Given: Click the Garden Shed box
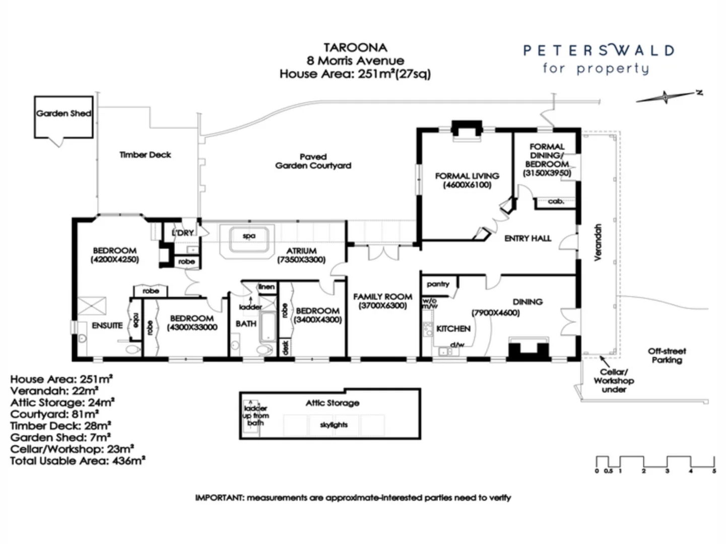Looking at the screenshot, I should tap(63, 117).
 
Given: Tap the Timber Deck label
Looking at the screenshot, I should tap(145, 155).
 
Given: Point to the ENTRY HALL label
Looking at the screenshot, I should tap(527, 238).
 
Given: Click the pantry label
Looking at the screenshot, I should tap(438, 284).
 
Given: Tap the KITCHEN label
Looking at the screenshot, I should tap(453, 328).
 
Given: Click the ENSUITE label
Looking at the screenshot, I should tap(107, 325).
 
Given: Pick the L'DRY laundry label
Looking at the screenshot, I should tap(182, 232).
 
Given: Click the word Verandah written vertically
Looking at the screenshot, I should tap(598, 242).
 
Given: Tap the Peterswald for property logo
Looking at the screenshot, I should tap(598, 59).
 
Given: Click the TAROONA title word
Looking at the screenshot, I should tap(355, 47).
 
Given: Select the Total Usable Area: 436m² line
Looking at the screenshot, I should tap(78, 460).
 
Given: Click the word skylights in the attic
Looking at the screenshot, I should tap(334, 425).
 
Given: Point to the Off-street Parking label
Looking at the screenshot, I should tap(667, 355).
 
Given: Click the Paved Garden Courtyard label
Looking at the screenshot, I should tap(313, 161).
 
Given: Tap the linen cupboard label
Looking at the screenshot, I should tap(267, 287).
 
